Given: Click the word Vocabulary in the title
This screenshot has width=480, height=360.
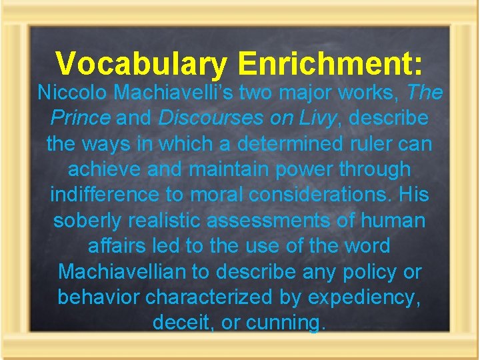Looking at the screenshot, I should [x=141, y=64].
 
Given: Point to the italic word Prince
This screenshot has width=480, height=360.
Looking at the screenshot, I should [x=81, y=118].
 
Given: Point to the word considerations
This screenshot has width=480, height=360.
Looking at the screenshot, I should [x=312, y=195].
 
